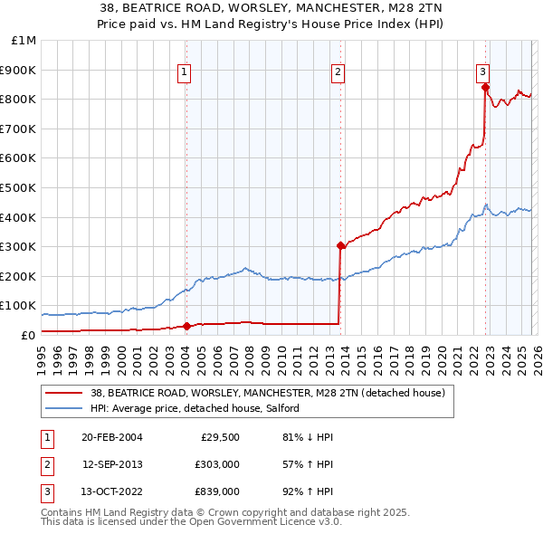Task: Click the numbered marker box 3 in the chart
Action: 483,72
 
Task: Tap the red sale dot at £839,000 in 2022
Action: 486,88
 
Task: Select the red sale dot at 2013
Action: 340,245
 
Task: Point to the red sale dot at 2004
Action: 187,326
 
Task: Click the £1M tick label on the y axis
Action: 24,41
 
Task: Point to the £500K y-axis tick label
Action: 20,188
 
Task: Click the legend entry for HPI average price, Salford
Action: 195,409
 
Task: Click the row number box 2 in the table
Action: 46,464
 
